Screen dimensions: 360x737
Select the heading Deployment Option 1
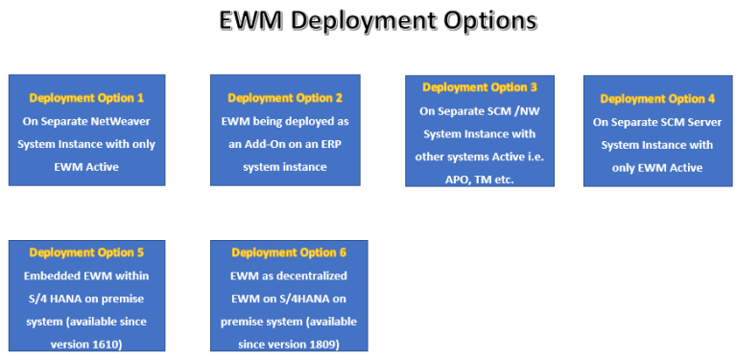86,98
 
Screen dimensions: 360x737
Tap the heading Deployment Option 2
285,98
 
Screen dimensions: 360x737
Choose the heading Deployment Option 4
657,99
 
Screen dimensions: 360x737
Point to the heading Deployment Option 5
86,252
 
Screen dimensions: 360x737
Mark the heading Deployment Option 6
288,252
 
